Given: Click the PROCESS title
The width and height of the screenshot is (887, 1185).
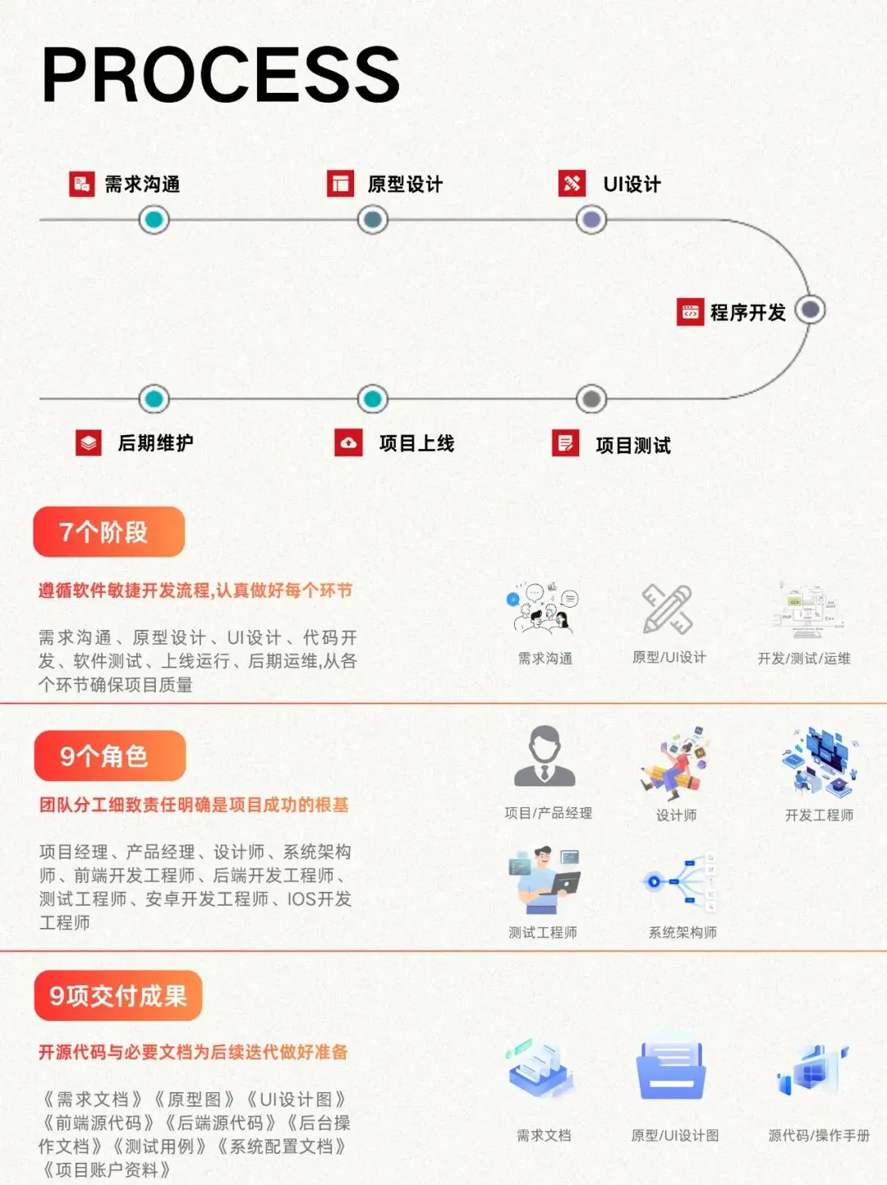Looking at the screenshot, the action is [220, 75].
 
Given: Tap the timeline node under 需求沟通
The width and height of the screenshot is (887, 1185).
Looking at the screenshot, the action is [154, 219].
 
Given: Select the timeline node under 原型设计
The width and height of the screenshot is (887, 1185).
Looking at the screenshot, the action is [373, 219].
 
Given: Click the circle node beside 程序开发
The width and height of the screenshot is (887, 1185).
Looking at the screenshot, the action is [811, 310].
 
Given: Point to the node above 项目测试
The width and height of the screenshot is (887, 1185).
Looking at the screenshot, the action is [591, 399].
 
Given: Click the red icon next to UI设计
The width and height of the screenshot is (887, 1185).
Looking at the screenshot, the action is [572, 183].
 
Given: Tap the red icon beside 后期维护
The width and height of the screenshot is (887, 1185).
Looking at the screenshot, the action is [89, 443].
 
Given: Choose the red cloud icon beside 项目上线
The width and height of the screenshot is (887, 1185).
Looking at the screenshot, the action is [348, 443].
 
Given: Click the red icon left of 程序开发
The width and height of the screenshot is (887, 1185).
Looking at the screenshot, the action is [690, 312].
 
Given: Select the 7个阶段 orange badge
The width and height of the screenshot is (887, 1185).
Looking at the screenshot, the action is [108, 532].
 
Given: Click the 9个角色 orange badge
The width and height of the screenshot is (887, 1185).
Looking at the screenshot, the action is [109, 756].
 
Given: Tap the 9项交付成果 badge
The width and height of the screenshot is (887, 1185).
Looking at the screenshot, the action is [118, 995].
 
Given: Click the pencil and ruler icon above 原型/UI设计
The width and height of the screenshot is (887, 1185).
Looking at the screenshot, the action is [668, 609].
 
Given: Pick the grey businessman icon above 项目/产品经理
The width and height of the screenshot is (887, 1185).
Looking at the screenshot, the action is [545, 757].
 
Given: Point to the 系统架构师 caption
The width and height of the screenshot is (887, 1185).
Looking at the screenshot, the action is [682, 932].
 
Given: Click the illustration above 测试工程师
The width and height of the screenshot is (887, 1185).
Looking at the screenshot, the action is [544, 880].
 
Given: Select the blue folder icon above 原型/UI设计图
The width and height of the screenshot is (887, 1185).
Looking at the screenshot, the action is [671, 1071].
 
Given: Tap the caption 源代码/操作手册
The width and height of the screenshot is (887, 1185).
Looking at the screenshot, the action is [819, 1136].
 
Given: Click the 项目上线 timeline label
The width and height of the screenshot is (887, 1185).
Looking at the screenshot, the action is [416, 443].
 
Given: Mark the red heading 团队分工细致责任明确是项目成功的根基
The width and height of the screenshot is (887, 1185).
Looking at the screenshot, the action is [194, 805].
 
